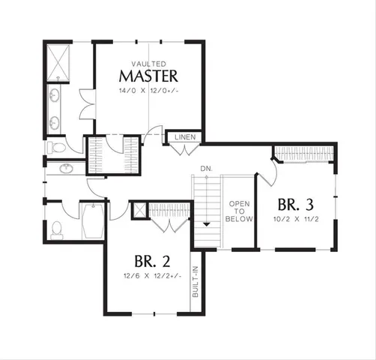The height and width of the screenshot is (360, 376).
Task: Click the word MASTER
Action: pos(149,76)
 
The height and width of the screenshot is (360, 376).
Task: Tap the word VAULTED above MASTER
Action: pos(149,64)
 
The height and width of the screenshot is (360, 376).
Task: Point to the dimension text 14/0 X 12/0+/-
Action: pos(149,91)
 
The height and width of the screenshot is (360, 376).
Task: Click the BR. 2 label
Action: pos(151,262)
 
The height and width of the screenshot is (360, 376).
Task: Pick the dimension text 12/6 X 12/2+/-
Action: pos(151,277)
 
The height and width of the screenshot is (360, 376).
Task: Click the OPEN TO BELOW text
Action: pos(240,211)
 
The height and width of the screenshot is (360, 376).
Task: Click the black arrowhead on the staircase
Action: pos(204,223)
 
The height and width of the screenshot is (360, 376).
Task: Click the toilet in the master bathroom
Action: pos(55,148)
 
